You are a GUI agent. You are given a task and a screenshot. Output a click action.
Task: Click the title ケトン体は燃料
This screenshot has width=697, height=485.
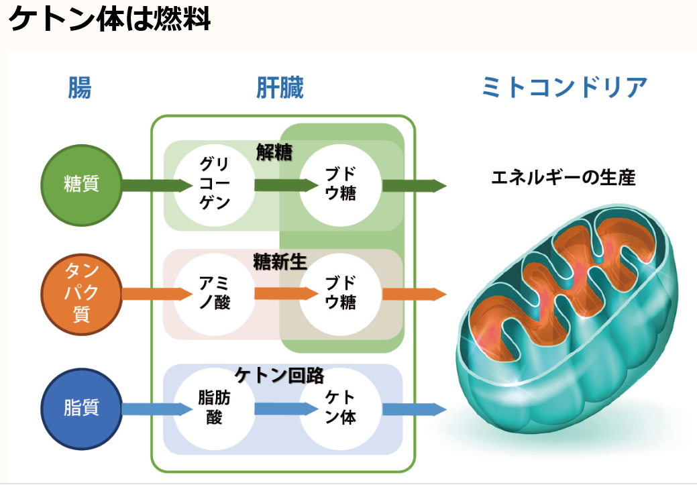(109, 19)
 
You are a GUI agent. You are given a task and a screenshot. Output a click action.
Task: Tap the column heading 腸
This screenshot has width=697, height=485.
(80, 87)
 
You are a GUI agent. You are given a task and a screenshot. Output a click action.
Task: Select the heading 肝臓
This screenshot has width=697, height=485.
(280, 87)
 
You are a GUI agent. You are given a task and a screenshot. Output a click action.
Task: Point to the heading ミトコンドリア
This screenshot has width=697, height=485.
(564, 87)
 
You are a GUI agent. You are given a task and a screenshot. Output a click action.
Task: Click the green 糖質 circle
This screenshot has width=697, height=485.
(81, 185)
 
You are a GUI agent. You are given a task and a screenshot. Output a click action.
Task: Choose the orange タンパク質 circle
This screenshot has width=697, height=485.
(81, 294)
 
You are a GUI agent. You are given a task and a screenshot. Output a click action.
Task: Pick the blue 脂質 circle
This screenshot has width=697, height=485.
(81, 409)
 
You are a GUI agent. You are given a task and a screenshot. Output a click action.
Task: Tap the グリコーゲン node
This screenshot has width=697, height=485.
(214, 185)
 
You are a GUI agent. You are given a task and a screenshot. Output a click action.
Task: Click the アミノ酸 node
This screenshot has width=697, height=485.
(214, 294)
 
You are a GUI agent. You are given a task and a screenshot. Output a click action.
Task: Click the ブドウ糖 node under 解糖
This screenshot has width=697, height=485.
(341, 185)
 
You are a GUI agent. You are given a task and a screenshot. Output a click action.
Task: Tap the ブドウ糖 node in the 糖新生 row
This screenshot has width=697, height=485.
(341, 294)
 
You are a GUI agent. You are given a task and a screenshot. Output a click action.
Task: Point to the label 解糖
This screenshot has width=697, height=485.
(274, 152)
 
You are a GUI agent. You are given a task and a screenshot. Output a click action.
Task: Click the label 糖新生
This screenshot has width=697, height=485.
(280, 262)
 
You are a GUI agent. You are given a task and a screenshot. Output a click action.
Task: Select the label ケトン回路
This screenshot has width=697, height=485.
(280, 376)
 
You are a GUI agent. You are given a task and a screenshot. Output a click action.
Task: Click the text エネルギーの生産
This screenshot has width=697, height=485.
(564, 177)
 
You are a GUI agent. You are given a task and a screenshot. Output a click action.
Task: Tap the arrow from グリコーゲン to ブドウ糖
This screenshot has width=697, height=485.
(286, 185)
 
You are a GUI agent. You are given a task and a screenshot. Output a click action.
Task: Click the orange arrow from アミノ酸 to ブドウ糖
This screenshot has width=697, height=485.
(286, 293)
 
